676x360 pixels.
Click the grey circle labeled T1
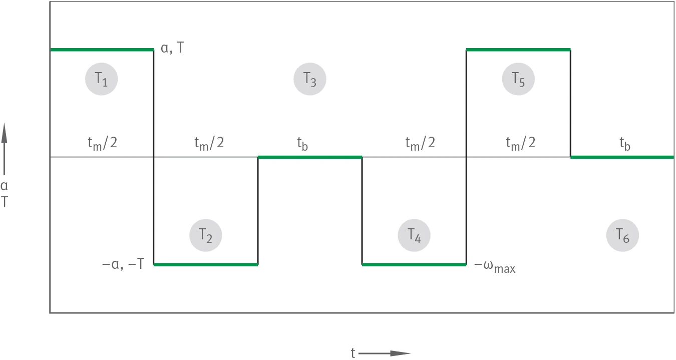click(x=101, y=79)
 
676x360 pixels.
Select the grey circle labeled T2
click(x=205, y=235)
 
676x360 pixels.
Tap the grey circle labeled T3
click(x=310, y=79)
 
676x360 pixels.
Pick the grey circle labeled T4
click(x=414, y=235)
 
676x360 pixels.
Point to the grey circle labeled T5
click(x=518, y=79)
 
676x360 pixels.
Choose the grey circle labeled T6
click(x=622, y=235)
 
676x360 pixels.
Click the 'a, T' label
click(x=172, y=48)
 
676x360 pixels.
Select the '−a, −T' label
click(x=123, y=264)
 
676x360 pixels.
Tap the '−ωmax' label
click(x=495, y=266)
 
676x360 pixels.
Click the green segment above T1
click(x=102, y=50)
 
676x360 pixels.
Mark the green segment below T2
click(x=206, y=265)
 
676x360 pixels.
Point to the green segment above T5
click(x=518, y=50)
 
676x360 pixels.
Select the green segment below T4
click(x=414, y=265)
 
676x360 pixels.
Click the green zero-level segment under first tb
click(x=310, y=157)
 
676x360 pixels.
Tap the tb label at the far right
click(x=625, y=144)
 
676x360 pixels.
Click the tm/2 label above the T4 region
click(x=420, y=143)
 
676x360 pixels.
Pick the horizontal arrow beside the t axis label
click(x=385, y=353)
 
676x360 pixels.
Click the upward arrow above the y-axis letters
click(x=4, y=149)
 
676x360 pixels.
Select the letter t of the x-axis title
click(x=353, y=353)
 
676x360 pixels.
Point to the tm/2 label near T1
click(x=102, y=143)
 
